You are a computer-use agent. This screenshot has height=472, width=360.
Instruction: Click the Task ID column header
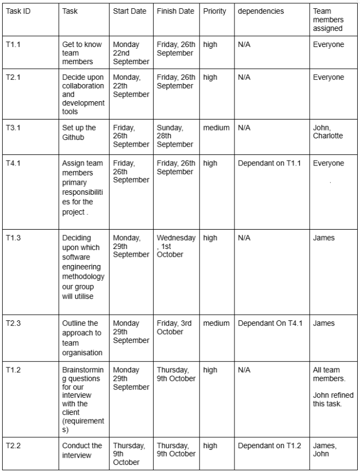(18, 11)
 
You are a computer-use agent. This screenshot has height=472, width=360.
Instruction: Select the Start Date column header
(129, 11)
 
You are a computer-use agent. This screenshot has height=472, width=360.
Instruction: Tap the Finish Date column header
(175, 11)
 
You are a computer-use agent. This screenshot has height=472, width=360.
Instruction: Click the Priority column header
(215, 11)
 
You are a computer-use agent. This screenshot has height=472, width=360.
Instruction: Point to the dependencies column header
(260, 11)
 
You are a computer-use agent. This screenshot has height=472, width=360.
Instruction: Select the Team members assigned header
(328, 19)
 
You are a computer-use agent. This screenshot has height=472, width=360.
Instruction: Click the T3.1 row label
(14, 128)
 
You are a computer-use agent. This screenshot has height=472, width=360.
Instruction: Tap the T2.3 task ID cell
(14, 324)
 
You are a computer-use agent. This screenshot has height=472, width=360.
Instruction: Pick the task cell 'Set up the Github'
(79, 132)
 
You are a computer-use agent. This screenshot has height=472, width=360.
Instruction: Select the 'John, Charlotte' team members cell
(328, 132)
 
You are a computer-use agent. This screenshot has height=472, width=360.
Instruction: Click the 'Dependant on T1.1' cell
(269, 163)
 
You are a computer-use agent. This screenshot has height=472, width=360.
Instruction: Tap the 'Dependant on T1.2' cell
(269, 446)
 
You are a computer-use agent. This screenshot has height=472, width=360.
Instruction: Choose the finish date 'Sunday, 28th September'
(175, 136)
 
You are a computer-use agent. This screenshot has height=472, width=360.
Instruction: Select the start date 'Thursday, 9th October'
(129, 454)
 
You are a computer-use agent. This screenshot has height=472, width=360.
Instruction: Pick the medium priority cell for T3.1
(216, 128)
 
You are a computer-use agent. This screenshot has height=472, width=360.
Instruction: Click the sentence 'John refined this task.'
(333, 400)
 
